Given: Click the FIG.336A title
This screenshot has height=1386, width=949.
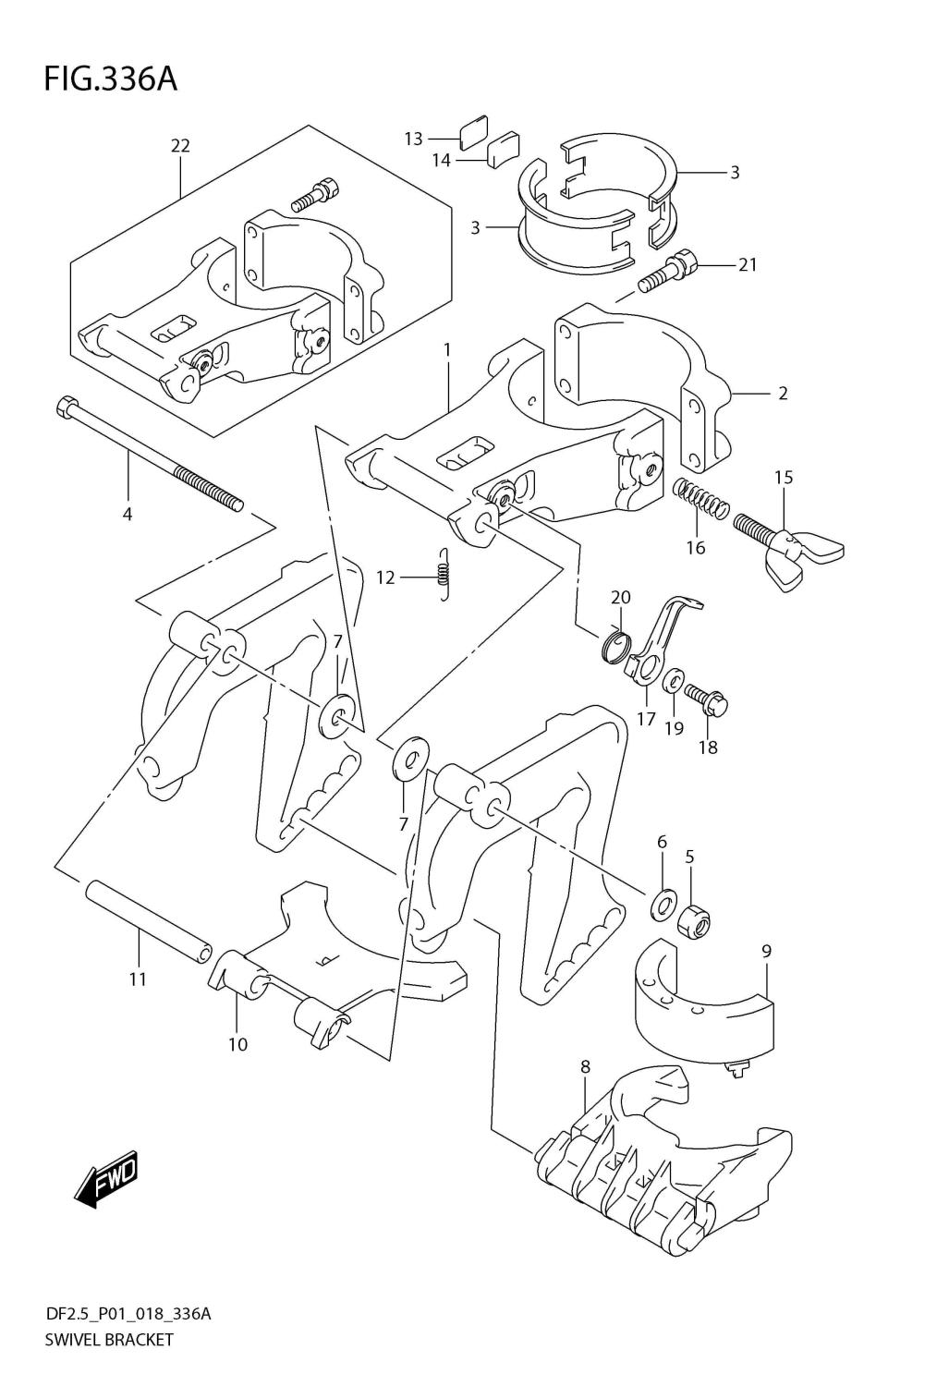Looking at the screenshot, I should [x=109, y=80].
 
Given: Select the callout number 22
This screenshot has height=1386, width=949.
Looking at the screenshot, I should [x=180, y=145].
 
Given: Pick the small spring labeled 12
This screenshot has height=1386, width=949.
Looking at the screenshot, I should [x=444, y=575].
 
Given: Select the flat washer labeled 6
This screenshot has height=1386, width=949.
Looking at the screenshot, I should [x=663, y=906].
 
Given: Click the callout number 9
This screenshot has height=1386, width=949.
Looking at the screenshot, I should [x=766, y=951].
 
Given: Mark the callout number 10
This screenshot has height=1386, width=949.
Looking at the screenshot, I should [x=237, y=1045].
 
